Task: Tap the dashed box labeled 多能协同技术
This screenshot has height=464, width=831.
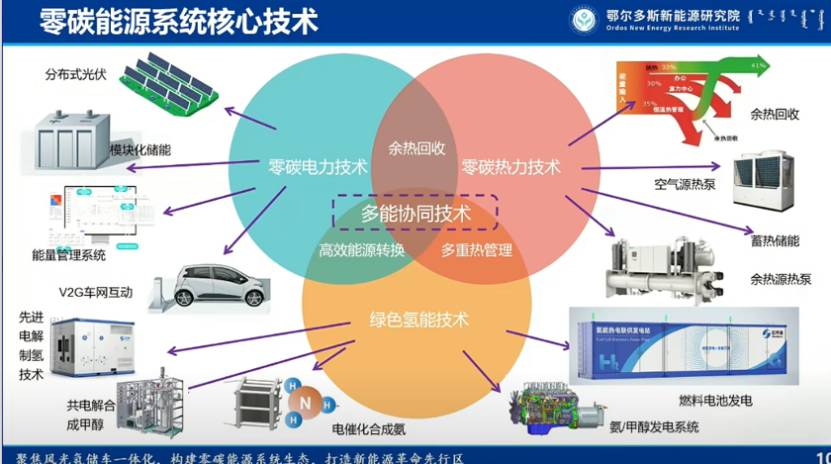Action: (415, 213)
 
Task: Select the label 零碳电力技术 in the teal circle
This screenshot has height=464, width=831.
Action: (318, 167)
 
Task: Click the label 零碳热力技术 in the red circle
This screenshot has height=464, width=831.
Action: (510, 167)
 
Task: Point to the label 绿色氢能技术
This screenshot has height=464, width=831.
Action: (419, 320)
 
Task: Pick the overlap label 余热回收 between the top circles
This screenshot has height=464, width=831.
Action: (415, 149)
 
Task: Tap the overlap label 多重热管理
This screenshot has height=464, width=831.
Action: (476, 250)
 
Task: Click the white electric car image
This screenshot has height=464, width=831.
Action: (208, 284)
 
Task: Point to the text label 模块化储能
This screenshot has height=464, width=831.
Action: (140, 150)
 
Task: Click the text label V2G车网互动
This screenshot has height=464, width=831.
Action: (95, 292)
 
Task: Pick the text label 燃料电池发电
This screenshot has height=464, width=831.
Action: (715, 400)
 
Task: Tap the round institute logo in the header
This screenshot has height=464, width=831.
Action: (584, 19)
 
